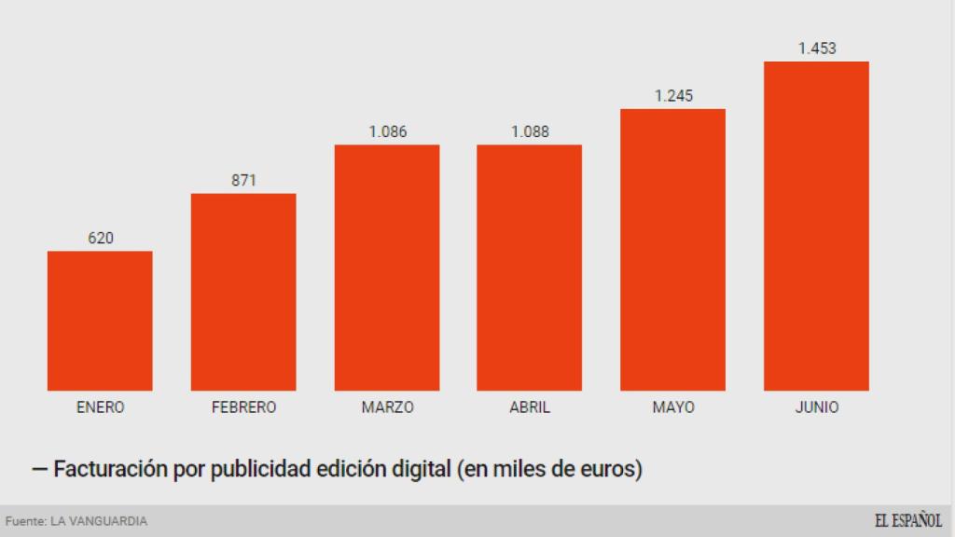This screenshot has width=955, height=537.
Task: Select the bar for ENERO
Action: tap(100, 321)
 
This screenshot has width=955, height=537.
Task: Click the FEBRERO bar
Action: tap(243, 292)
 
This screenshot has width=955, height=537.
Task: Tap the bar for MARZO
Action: tap(387, 268)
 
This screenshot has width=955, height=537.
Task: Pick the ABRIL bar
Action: tap(530, 268)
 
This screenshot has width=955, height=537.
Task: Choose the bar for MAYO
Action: tap(673, 250)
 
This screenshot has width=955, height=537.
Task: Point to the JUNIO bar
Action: tap(816, 226)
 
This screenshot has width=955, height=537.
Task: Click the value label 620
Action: tap(101, 239)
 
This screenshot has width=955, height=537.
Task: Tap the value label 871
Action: tap(243, 181)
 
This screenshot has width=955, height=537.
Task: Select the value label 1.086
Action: tap(388, 131)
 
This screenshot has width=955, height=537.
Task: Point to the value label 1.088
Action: tap(530, 131)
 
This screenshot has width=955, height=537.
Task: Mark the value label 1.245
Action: tap(673, 96)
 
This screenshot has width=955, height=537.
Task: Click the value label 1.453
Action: tap(817, 48)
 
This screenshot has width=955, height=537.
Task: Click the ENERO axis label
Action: tap(100, 407)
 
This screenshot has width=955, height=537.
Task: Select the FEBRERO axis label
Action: tap(243, 407)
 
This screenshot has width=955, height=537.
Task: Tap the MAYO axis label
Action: tap(673, 407)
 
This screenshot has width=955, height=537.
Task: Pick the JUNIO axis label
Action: tap(817, 407)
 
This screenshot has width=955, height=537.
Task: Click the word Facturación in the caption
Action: tap(111, 468)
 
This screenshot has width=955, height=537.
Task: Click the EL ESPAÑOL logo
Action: tap(907, 520)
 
